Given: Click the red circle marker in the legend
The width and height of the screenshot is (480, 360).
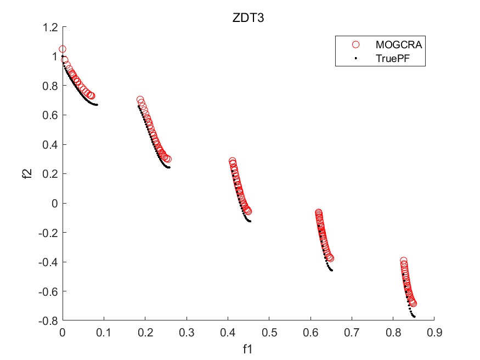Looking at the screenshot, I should click(x=355, y=44).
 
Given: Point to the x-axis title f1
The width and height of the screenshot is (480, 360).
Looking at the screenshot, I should click(x=248, y=348).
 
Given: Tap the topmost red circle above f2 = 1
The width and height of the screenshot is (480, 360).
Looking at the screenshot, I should click(x=63, y=49).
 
